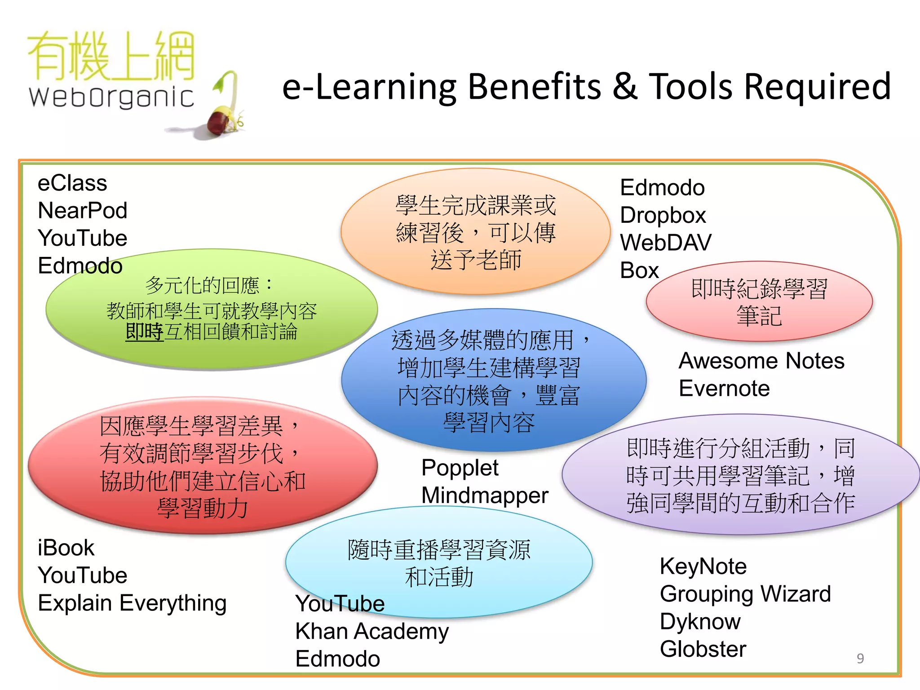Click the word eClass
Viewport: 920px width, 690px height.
(x=72, y=183)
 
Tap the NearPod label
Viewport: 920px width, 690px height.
(x=83, y=211)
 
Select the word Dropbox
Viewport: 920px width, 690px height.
(x=663, y=216)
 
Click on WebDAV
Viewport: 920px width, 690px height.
(x=665, y=243)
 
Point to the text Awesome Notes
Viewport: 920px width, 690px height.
(x=761, y=361)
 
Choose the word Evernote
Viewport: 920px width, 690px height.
(x=724, y=389)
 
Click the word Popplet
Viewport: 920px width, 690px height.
(x=460, y=468)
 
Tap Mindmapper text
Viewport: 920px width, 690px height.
(x=484, y=495)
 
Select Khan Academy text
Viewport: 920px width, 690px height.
(x=372, y=632)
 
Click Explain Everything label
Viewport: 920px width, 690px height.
(x=132, y=603)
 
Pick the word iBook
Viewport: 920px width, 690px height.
(x=66, y=548)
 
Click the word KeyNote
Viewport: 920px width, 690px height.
(x=703, y=566)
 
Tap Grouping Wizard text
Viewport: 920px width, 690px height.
(x=745, y=594)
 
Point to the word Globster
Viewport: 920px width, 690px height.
(x=703, y=650)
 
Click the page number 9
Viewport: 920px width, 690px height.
(x=860, y=659)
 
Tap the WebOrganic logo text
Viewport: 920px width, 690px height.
(x=111, y=97)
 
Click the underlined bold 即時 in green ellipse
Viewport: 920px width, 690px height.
(x=144, y=332)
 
